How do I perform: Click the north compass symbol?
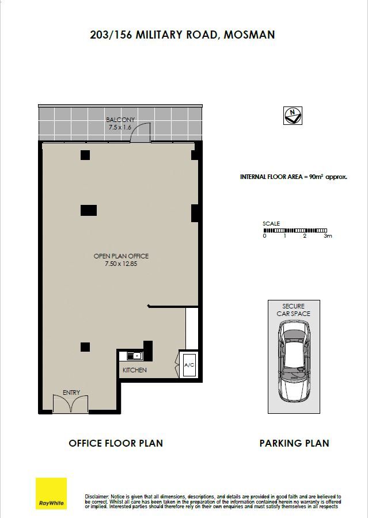click(293, 116)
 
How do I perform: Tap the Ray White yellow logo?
click(51, 493)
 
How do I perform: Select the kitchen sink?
click(135, 356)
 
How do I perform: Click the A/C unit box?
click(189, 365)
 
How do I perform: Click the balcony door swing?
click(141, 132)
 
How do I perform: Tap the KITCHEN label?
click(135, 370)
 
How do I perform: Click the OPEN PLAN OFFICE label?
click(121, 256)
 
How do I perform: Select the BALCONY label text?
click(120, 120)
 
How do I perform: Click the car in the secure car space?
click(294, 361)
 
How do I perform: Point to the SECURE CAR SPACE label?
click(294, 310)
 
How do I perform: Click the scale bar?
click(295, 230)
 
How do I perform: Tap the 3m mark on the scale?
click(328, 236)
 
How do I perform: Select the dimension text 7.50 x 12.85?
click(121, 264)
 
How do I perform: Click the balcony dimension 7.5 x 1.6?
click(120, 127)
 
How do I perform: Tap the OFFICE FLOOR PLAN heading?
click(116, 443)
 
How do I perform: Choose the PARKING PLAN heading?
click(294, 443)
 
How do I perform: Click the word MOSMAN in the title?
click(249, 35)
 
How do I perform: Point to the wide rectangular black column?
click(89, 210)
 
